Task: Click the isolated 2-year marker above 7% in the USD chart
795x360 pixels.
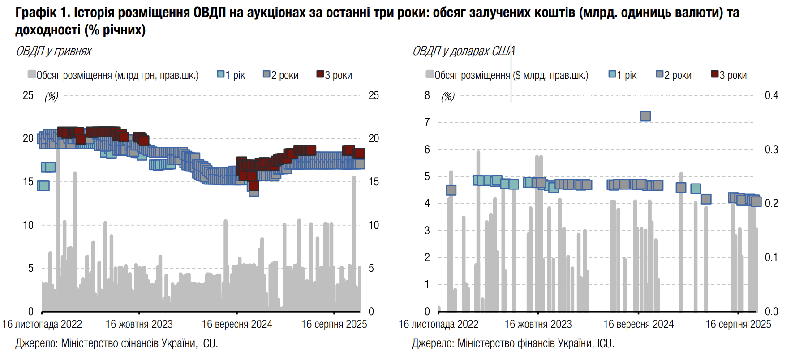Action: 645,116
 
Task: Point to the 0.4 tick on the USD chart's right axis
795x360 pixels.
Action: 771,95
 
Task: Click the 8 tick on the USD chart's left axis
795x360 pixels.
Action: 427,95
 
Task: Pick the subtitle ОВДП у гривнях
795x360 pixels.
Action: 54,51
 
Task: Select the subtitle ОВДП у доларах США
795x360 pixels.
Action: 464,51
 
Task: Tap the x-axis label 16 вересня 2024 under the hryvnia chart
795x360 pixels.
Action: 237,324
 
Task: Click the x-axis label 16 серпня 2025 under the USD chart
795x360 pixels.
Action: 738,324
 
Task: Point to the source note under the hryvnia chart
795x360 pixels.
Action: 116,343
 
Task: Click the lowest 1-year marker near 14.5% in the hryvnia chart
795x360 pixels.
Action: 43,185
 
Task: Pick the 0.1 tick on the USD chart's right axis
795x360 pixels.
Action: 771,257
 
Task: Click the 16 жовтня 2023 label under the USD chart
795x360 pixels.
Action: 538,324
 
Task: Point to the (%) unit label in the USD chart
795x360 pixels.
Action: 448,96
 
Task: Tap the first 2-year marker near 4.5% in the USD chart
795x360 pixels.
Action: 451,190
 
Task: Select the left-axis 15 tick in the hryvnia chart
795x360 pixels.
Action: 28,182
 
